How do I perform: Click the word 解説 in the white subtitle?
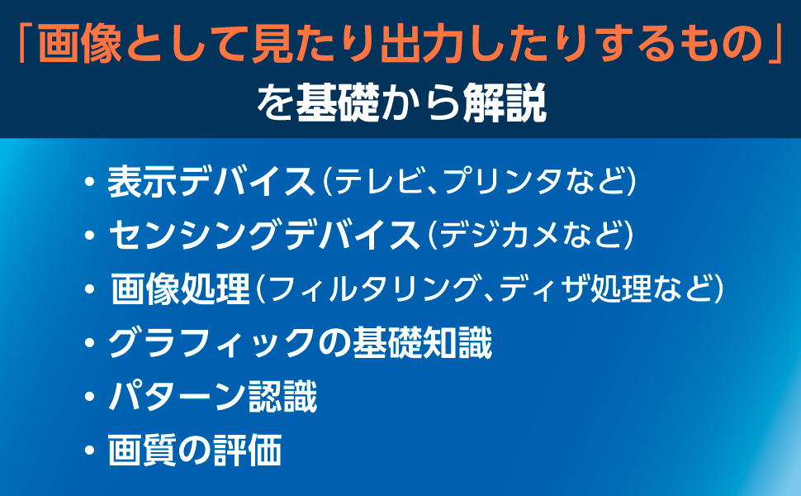505,103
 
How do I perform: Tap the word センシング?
196,235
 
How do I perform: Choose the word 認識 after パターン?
282,397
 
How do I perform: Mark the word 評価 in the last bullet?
247,451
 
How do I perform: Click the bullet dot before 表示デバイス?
90,182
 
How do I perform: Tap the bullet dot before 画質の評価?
90,451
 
